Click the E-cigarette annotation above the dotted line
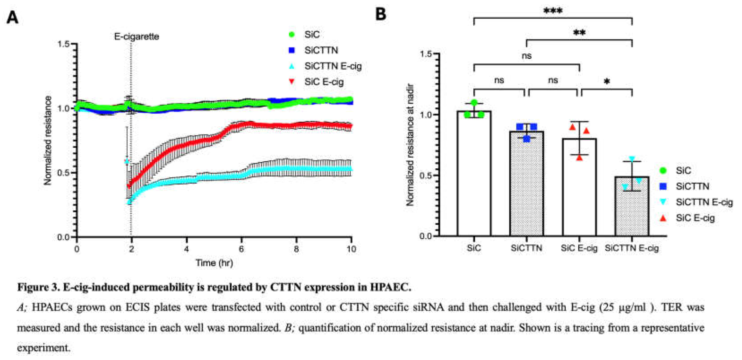click(x=137, y=37)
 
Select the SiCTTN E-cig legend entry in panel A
click(x=333, y=66)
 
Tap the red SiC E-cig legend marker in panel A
click(x=292, y=82)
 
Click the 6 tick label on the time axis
click(x=241, y=249)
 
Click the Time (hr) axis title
click(x=214, y=263)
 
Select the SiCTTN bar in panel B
click(x=526, y=184)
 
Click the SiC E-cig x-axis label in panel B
click(x=579, y=248)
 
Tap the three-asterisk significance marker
click(x=553, y=11)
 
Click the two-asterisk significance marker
click(x=579, y=33)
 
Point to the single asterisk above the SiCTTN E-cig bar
click(x=607, y=82)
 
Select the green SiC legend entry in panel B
click(x=683, y=171)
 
